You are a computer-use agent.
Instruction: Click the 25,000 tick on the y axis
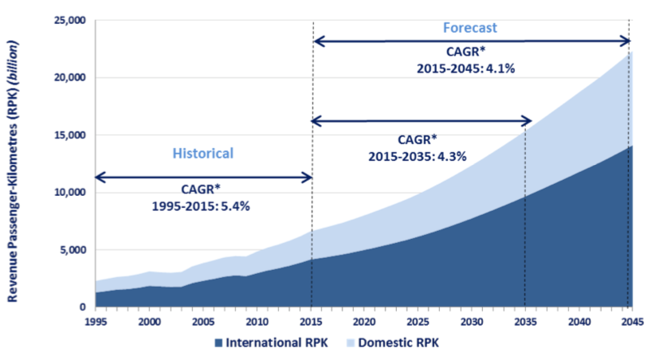pos(72,21)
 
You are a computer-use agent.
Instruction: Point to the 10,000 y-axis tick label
pos(72,193)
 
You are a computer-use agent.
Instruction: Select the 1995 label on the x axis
pos(96,321)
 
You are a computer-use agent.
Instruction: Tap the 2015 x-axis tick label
pos(311,321)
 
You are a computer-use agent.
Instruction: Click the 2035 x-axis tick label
pos(525,321)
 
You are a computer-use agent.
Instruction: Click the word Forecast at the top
pos(469,28)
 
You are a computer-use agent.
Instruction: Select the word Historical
pos(203,153)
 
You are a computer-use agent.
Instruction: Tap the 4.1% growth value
pos(501,68)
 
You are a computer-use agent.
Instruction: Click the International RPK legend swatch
pos(218,343)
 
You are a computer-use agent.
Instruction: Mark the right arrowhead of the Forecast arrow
pos(626,41)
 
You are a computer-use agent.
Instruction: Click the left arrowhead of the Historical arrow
pos(100,177)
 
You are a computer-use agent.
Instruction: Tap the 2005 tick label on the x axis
pos(203,321)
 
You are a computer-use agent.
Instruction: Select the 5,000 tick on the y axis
pos(75,250)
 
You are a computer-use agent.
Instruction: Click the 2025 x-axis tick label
pos(418,321)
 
